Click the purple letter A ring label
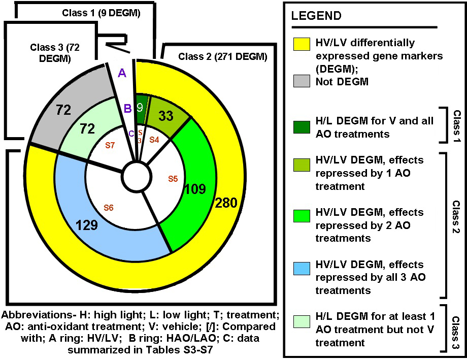(x=121, y=73)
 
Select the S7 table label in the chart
(x=110, y=145)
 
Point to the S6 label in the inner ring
(x=109, y=207)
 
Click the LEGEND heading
(x=316, y=16)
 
